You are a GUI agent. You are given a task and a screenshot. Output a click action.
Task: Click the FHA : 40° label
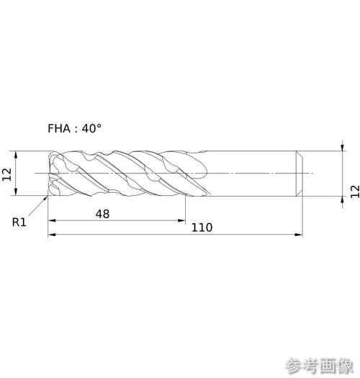point(74,128)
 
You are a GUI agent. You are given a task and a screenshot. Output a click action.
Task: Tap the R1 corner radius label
point(19,222)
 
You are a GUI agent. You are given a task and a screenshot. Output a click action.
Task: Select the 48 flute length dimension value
point(102,214)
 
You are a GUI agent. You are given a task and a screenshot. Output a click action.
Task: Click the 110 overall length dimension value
point(202,228)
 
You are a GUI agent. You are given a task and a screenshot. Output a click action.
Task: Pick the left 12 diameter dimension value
point(7,174)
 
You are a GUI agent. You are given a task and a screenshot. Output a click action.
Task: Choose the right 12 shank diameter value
point(355,192)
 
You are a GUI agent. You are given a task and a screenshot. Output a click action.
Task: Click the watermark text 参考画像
point(320,366)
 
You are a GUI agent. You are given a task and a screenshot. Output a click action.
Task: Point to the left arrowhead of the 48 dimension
point(52,220)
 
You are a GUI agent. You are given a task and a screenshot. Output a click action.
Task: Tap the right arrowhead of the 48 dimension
point(181,220)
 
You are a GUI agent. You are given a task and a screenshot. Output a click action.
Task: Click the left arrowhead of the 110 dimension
point(52,234)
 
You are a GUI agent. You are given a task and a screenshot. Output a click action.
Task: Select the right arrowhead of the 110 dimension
point(298,234)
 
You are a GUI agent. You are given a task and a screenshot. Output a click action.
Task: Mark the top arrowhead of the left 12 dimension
point(16,155)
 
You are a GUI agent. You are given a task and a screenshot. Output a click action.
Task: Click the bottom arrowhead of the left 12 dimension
point(16,192)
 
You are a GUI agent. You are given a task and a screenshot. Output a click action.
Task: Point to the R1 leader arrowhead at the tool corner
point(45,199)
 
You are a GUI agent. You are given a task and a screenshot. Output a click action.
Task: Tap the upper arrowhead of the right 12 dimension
point(343,147)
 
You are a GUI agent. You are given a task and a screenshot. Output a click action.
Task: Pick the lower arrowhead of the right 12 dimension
point(343,200)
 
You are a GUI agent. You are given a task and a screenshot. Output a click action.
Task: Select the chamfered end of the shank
point(300,174)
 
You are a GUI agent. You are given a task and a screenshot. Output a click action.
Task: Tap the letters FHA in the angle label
point(59,128)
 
